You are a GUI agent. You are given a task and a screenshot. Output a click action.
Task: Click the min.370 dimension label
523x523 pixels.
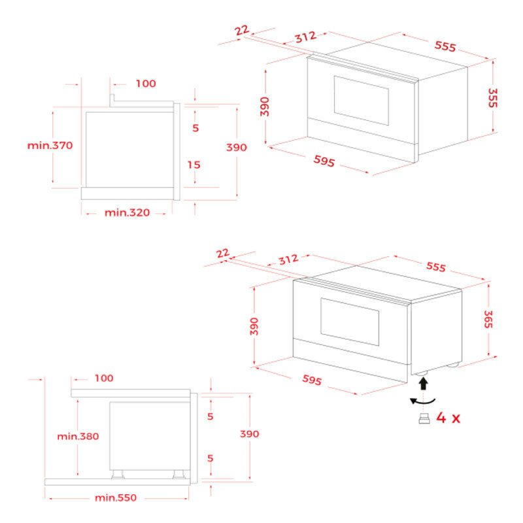click(50, 145)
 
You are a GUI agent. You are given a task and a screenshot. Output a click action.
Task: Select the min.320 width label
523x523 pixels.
click(127, 212)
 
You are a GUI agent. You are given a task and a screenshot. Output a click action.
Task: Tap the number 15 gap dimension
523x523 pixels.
click(195, 165)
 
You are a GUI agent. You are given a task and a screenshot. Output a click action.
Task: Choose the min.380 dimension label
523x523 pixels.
click(78, 436)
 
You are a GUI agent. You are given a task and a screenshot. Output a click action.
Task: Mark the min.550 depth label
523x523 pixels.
click(116, 498)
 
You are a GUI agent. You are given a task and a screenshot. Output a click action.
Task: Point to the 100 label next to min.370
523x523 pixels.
click(146, 84)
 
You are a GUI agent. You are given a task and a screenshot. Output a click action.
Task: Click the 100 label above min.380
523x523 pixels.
click(103, 378)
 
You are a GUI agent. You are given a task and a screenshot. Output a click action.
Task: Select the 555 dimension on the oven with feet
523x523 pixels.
click(436, 267)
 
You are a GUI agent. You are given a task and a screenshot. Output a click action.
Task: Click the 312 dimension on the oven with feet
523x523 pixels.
click(288, 260)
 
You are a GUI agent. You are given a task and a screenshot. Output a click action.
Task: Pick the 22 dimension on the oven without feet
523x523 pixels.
click(241, 31)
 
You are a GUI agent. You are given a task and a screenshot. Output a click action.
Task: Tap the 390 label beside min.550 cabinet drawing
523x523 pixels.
click(249, 433)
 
